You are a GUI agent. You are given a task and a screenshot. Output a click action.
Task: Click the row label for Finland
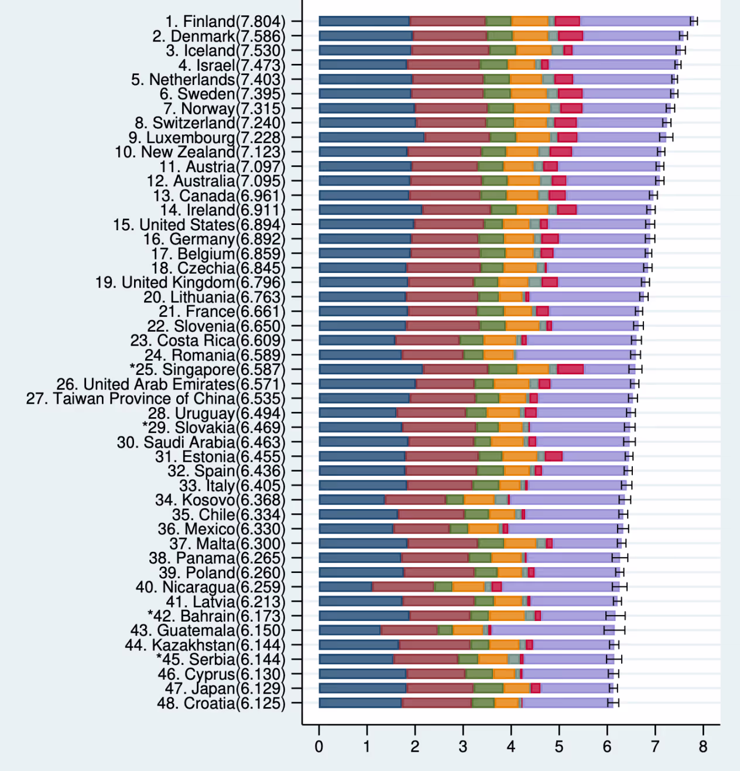click(225, 22)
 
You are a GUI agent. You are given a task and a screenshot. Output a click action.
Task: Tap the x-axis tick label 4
click(511, 747)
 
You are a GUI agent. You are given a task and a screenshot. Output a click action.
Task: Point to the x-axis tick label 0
click(319, 747)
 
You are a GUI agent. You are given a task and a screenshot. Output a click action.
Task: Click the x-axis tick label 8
click(703, 747)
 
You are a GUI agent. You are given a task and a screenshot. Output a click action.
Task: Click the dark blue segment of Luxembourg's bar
click(372, 137)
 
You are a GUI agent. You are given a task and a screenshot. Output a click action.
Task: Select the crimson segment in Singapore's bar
click(570, 369)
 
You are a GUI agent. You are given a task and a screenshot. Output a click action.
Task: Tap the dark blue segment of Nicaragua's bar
click(345, 586)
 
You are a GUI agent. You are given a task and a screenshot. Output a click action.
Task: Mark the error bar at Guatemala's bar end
click(614, 630)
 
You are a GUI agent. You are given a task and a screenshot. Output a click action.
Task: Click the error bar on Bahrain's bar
click(615, 616)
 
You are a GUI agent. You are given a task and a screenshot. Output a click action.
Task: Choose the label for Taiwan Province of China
click(156, 399)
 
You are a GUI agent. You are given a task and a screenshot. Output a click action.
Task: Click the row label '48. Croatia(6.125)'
click(221, 703)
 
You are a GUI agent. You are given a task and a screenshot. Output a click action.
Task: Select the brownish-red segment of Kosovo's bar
click(416, 500)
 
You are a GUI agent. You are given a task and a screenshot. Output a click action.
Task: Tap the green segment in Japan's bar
click(488, 688)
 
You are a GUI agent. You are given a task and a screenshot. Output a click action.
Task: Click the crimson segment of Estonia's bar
click(553, 456)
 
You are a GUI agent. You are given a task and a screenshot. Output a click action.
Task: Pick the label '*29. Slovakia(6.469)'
click(214, 428)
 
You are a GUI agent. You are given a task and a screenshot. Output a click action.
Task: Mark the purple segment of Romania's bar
click(574, 355)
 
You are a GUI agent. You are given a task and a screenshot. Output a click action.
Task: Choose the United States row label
click(199, 225)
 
